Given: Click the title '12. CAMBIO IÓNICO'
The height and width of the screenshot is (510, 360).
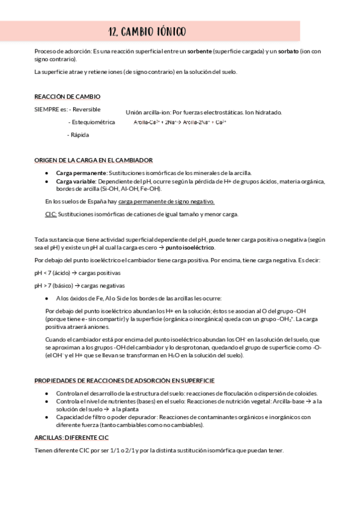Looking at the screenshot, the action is (147, 31).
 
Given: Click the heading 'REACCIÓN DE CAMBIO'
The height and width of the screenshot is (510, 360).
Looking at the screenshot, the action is (67, 97).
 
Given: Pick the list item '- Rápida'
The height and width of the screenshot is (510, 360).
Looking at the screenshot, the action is (78, 135).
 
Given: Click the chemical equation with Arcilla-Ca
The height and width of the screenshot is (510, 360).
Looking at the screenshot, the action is (180, 122).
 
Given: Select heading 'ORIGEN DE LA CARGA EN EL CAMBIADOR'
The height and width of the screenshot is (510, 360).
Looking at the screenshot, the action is (93, 160).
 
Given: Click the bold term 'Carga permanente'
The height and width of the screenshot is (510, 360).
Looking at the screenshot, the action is (77, 173).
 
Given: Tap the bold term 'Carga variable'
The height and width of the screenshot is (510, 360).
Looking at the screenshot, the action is (75, 181).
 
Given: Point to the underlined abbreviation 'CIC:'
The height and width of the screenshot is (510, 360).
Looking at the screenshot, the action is (51, 214).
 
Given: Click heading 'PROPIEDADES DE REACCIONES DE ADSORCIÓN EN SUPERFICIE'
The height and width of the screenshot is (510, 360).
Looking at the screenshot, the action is (124, 381).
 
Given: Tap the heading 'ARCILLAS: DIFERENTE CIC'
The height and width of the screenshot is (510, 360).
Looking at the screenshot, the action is (72, 438).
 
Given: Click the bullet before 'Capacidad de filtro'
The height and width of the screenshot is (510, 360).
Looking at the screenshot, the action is (47, 416).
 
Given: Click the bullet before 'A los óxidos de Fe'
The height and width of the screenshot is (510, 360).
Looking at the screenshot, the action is (47, 298).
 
